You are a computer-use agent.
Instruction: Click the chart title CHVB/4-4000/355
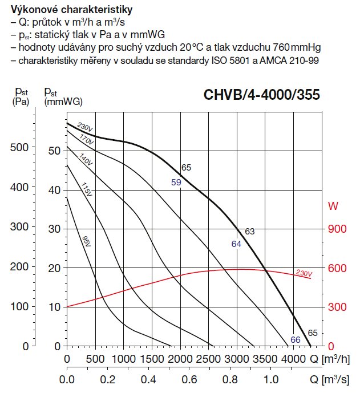262,95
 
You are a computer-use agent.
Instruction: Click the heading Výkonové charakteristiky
68,10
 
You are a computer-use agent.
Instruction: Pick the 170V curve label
86,140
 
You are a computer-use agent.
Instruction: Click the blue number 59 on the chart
176,183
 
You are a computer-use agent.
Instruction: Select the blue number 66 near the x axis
295,340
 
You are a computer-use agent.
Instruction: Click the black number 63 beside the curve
249,231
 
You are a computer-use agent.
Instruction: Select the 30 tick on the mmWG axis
54,228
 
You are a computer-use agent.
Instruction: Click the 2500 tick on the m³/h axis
208,359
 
